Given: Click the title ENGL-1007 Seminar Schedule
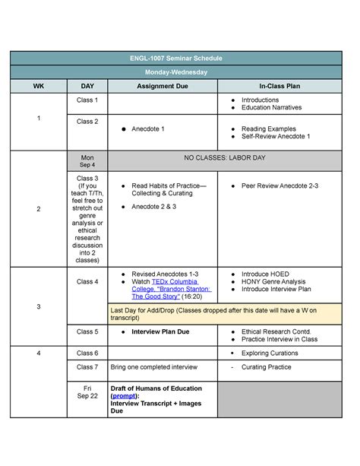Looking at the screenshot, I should (181, 59).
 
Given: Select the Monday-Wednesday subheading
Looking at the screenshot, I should (181, 72).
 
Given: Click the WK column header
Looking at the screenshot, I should (38, 86).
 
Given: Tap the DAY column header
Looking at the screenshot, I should (87, 86).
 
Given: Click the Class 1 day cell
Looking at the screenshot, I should (87, 100).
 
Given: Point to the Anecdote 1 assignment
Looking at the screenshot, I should (147, 129).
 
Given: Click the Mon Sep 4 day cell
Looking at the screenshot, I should (87, 160).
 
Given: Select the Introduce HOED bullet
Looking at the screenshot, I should (265, 273).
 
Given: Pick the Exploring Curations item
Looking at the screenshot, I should (270, 353).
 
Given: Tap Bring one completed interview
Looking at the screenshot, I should (153, 367).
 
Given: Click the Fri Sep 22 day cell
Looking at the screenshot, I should (87, 391).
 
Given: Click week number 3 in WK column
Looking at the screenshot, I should (38, 306).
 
